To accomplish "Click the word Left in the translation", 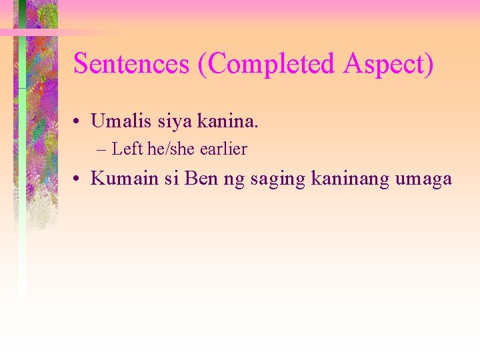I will tap(127, 149).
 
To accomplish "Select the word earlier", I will tap(223, 149).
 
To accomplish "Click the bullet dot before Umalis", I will tap(78, 122).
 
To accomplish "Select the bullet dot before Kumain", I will tap(78, 179).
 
